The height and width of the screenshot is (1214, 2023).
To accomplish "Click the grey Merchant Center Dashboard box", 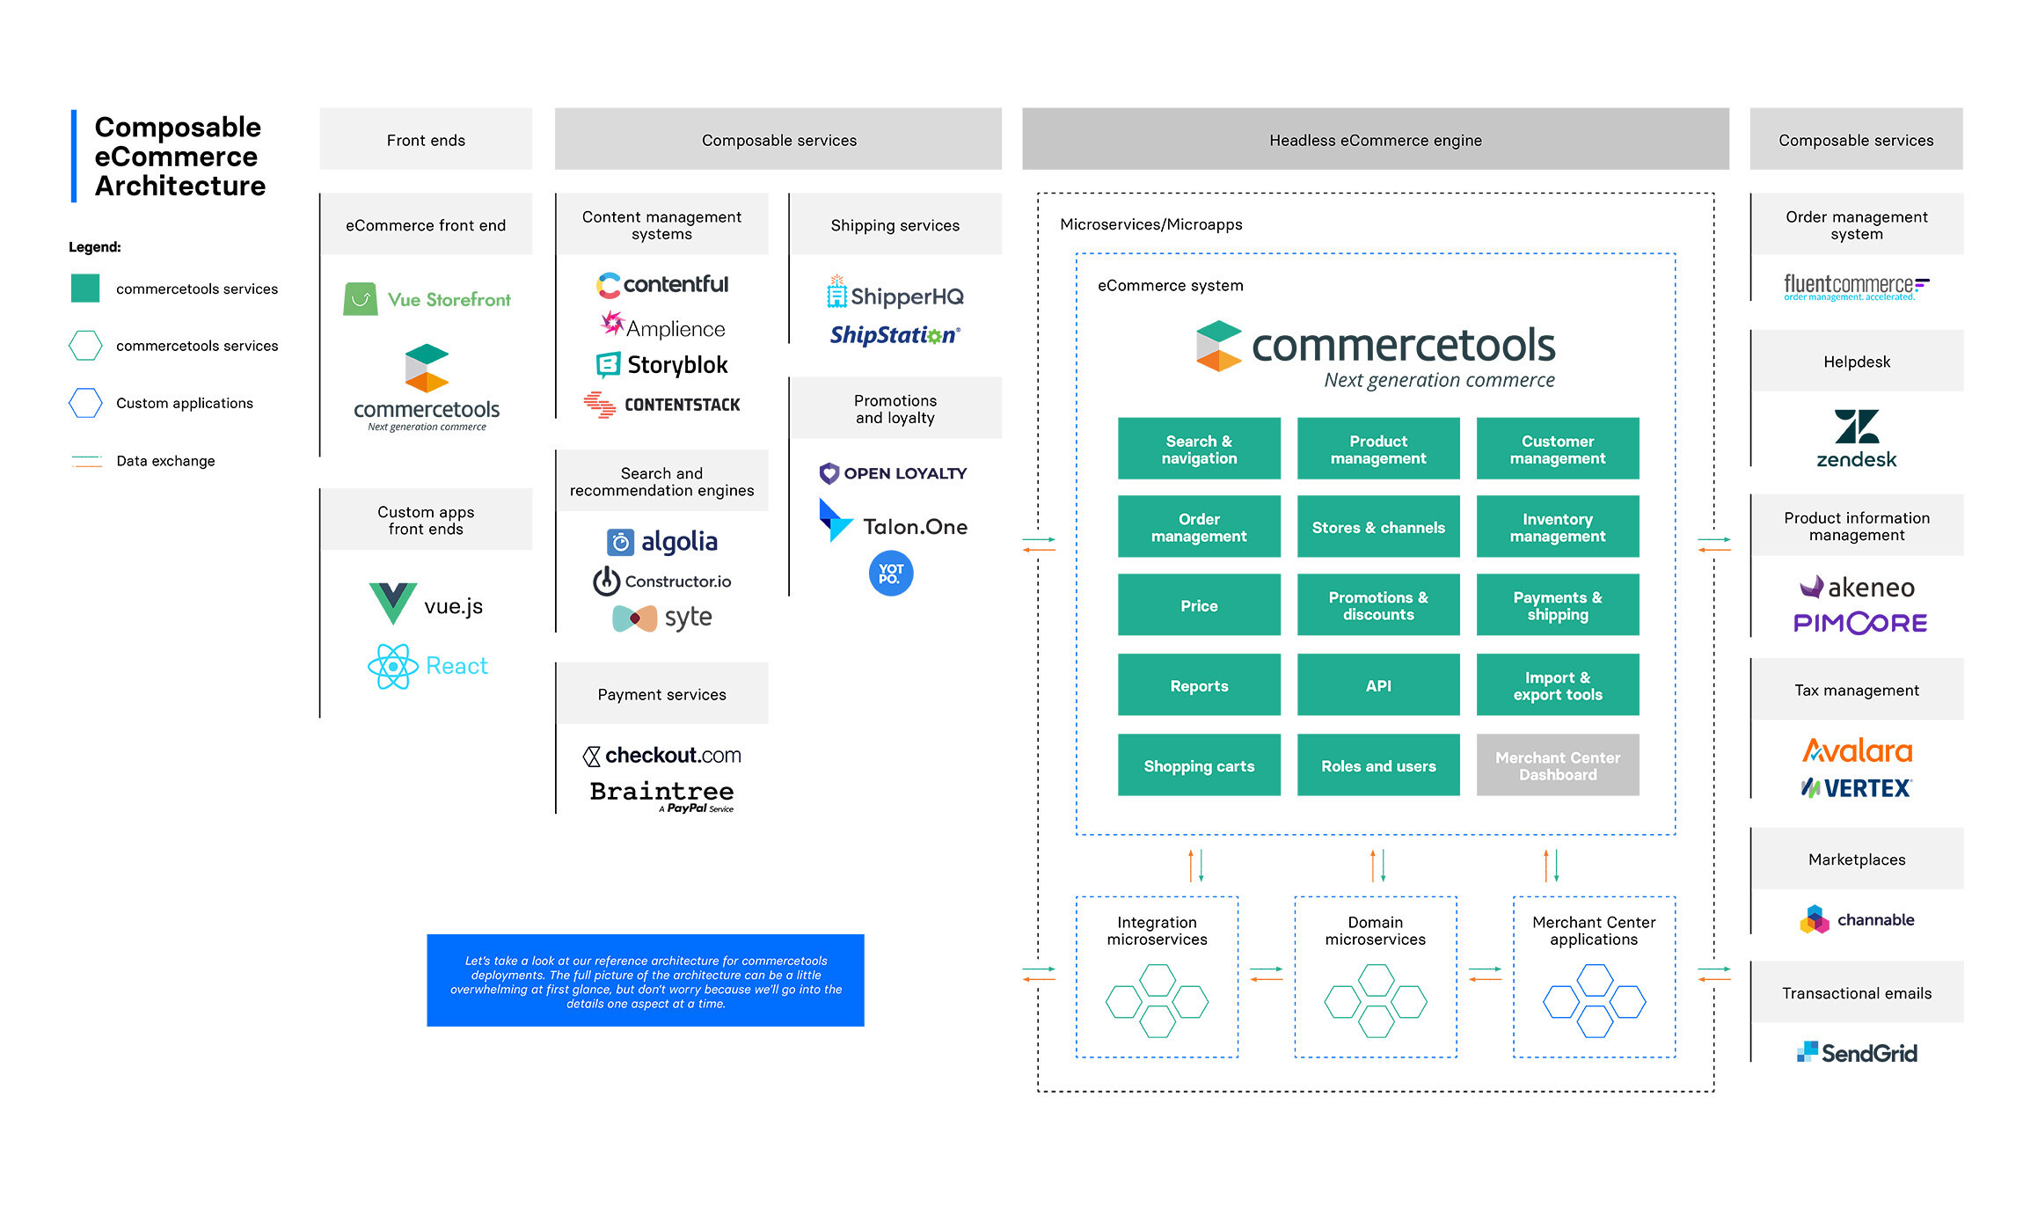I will click(x=1557, y=765).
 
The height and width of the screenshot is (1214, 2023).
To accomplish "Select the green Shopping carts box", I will click(x=1198, y=765).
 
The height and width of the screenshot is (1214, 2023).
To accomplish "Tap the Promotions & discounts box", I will click(x=1377, y=605).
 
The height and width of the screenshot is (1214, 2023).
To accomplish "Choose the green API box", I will click(x=1377, y=685).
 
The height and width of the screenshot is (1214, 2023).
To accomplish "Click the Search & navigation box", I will click(x=1198, y=449).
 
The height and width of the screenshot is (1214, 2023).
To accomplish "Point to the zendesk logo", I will click(x=1856, y=438).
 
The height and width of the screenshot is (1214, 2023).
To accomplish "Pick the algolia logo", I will click(x=661, y=541).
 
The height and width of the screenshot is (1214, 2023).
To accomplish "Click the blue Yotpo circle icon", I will click(x=890, y=574).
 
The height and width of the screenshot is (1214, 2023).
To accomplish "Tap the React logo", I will click(x=427, y=666).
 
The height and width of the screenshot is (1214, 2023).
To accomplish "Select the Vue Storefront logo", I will click(x=427, y=299).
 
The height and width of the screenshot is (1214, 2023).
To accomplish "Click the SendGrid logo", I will click(x=1856, y=1052).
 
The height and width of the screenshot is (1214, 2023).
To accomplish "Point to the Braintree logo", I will click(x=661, y=794).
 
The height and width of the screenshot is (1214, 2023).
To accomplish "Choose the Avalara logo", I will click(x=1856, y=750).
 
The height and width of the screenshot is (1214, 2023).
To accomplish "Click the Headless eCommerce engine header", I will click(x=1375, y=140).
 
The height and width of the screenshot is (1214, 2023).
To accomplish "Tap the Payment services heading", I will click(x=661, y=694).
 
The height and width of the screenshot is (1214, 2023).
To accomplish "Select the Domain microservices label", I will click(x=1375, y=931).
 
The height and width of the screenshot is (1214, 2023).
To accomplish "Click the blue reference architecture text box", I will click(x=645, y=981).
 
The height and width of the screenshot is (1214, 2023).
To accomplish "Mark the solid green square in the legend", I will click(x=85, y=289).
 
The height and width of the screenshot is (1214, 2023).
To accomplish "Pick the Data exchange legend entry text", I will click(x=165, y=461).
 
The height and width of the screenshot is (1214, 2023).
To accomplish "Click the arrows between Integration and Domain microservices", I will click(x=1266, y=974).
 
